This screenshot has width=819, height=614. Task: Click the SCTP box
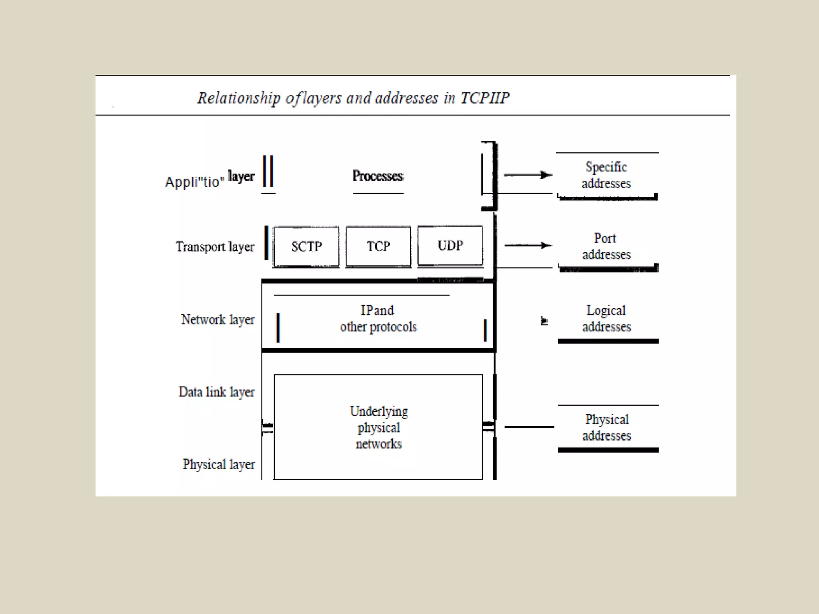pyautogui.click(x=306, y=246)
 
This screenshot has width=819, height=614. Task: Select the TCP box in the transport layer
pyautogui.click(x=378, y=246)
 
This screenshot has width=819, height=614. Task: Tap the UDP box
pyautogui.click(x=450, y=245)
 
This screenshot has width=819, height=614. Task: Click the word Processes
pyautogui.click(x=378, y=176)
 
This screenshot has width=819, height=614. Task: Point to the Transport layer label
pyautogui.click(x=215, y=247)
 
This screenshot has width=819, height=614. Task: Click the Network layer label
pyautogui.click(x=218, y=320)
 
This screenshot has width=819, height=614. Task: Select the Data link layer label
pyautogui.click(x=216, y=392)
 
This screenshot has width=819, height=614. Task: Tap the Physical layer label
pyautogui.click(x=218, y=464)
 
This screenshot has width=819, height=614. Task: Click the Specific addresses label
pyautogui.click(x=606, y=175)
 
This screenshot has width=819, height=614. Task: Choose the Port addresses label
pyautogui.click(x=606, y=246)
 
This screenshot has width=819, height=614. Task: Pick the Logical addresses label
pyautogui.click(x=606, y=319)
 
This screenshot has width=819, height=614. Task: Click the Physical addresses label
pyautogui.click(x=607, y=427)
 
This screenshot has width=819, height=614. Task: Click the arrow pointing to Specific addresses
pyautogui.click(x=528, y=175)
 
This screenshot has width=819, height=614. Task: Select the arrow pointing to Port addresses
pyautogui.click(x=528, y=245)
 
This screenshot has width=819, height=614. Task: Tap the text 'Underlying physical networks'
pyautogui.click(x=379, y=427)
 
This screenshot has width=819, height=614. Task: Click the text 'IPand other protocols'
pyautogui.click(x=378, y=319)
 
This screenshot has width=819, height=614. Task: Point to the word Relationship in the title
pyautogui.click(x=239, y=98)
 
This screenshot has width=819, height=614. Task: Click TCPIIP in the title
pyautogui.click(x=485, y=98)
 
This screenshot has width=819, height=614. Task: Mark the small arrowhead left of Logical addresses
pyautogui.click(x=544, y=321)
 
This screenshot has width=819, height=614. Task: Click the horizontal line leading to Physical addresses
pyautogui.click(x=529, y=427)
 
